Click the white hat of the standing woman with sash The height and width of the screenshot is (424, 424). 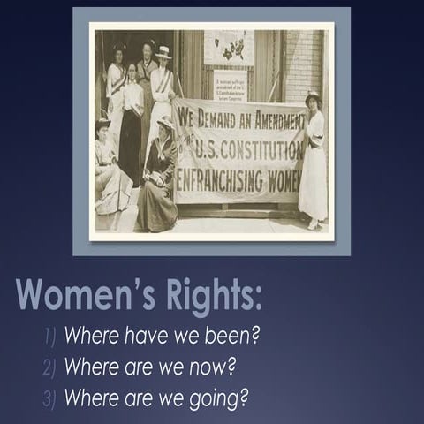163,52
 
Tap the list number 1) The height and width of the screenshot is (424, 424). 50,337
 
